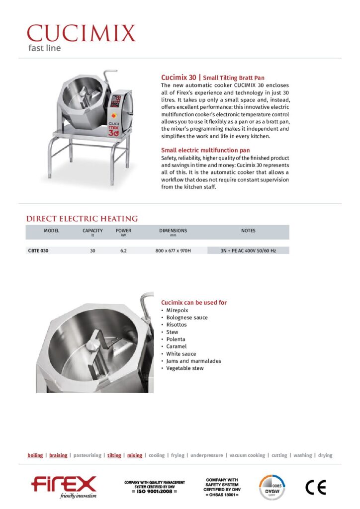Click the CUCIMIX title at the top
(x=81, y=33)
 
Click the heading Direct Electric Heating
(x=82, y=219)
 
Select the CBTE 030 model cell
(x=38, y=251)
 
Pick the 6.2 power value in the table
(x=123, y=251)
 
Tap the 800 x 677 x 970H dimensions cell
(x=173, y=251)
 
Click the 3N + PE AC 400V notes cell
(x=248, y=251)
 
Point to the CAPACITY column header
(x=92, y=231)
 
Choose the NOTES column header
(x=248, y=231)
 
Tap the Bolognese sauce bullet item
(x=187, y=317)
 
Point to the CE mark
(x=315, y=488)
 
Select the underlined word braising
(x=58, y=455)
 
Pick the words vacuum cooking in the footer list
(x=247, y=455)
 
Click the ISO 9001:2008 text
(x=154, y=491)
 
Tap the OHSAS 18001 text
(x=221, y=495)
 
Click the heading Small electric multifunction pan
(x=205, y=150)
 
